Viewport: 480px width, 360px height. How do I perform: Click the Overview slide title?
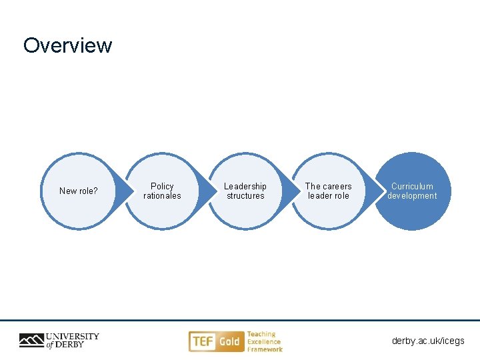click(x=68, y=45)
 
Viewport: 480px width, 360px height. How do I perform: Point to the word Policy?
click(x=162, y=187)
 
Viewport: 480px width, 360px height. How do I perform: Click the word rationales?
click(x=162, y=196)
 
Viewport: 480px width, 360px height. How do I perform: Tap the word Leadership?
click(x=245, y=187)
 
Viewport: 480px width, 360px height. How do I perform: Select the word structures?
click(x=245, y=196)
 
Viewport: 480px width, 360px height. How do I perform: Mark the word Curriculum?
click(x=412, y=187)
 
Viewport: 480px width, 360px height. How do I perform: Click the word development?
click(x=412, y=196)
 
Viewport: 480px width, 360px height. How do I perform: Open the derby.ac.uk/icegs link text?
click(x=428, y=341)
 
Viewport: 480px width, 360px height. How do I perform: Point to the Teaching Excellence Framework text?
click(x=265, y=341)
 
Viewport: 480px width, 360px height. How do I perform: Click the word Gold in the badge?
click(x=229, y=342)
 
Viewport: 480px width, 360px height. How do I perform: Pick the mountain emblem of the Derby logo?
click(x=31, y=341)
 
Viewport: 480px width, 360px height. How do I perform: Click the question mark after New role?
click(x=95, y=191)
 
